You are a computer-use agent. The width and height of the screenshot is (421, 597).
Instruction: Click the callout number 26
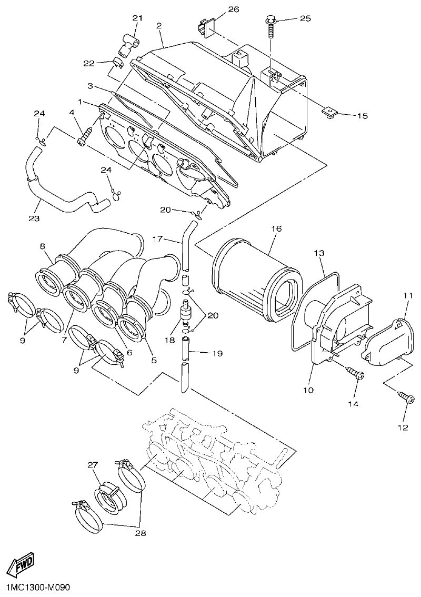pyautogui.click(x=233, y=10)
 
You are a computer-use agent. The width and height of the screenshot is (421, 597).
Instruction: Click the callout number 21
pyautogui.click(x=137, y=18)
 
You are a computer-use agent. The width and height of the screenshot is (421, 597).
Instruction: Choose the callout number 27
pyautogui.click(x=93, y=465)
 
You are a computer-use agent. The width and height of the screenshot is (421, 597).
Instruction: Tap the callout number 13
pyautogui.click(x=319, y=254)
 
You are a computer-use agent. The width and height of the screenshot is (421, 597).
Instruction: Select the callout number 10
pyautogui.click(x=308, y=390)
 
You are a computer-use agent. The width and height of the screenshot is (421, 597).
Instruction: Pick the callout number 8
pyautogui.click(x=42, y=245)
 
